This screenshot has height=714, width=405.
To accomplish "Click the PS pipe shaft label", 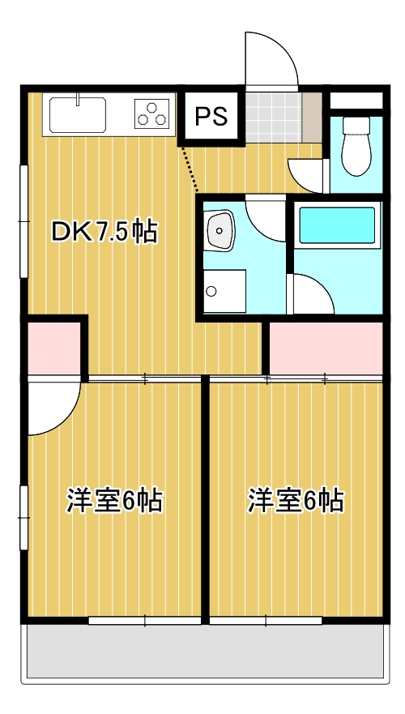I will (x=211, y=116).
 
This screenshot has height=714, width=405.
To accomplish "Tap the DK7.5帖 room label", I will (x=104, y=233).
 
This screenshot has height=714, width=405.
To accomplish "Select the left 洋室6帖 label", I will (x=114, y=500).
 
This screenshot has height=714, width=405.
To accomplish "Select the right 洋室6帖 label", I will (x=296, y=500).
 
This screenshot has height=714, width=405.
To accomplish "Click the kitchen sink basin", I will (x=78, y=114).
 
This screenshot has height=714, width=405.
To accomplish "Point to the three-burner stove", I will (x=151, y=113).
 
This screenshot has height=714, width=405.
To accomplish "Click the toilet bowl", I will (x=356, y=145).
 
